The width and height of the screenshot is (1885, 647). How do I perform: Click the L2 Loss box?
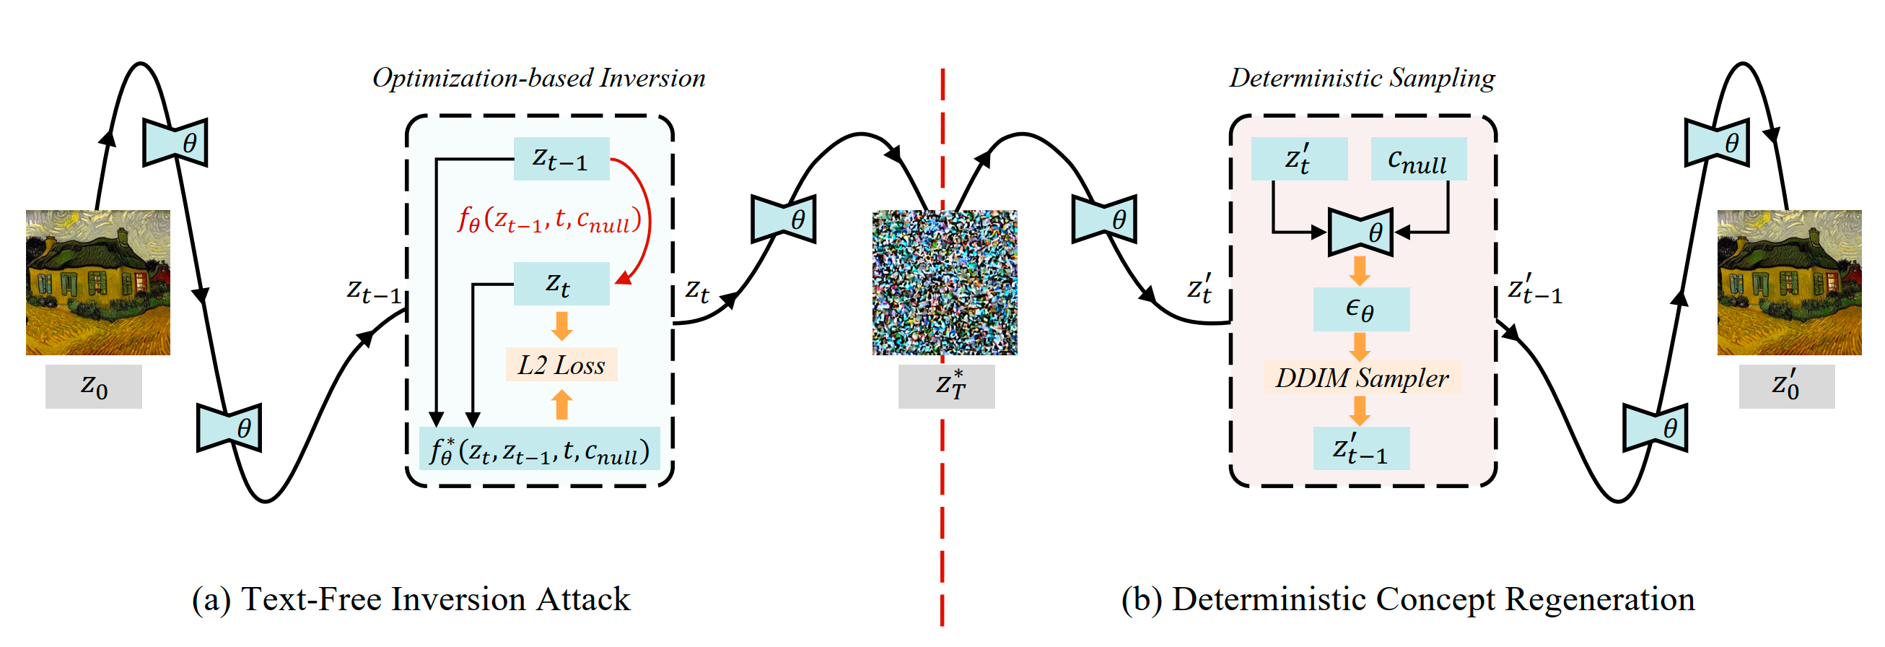[561, 365]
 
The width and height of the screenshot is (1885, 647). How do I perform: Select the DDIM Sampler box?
[1363, 378]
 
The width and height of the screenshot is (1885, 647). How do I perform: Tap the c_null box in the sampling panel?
[1418, 159]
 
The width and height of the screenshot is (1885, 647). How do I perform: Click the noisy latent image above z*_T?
[945, 282]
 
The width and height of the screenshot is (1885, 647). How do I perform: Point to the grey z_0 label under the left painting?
[94, 386]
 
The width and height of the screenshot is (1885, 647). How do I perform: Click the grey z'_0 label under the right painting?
[1787, 386]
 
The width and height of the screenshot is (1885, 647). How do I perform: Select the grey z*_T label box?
[947, 386]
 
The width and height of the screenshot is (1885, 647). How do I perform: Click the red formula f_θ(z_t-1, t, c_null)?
[549, 219]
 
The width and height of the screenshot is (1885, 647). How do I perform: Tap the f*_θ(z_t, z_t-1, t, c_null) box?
[540, 448]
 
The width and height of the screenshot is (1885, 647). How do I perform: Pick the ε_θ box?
[1362, 309]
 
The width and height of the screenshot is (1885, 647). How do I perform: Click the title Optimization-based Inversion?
[539, 77]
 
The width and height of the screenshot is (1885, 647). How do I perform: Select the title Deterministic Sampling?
[1362, 77]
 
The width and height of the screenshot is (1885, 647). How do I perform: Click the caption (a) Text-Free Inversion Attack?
[411, 599]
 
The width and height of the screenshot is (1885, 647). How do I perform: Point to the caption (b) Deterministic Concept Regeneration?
[1408, 599]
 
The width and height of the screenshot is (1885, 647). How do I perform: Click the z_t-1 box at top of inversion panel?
[561, 159]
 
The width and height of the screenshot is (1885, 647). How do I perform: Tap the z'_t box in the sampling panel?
[1300, 159]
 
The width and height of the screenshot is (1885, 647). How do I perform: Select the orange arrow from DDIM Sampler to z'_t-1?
[1360, 411]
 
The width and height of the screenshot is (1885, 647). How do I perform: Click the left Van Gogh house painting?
[98, 282]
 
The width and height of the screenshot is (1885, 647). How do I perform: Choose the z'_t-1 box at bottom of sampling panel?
[1362, 448]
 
